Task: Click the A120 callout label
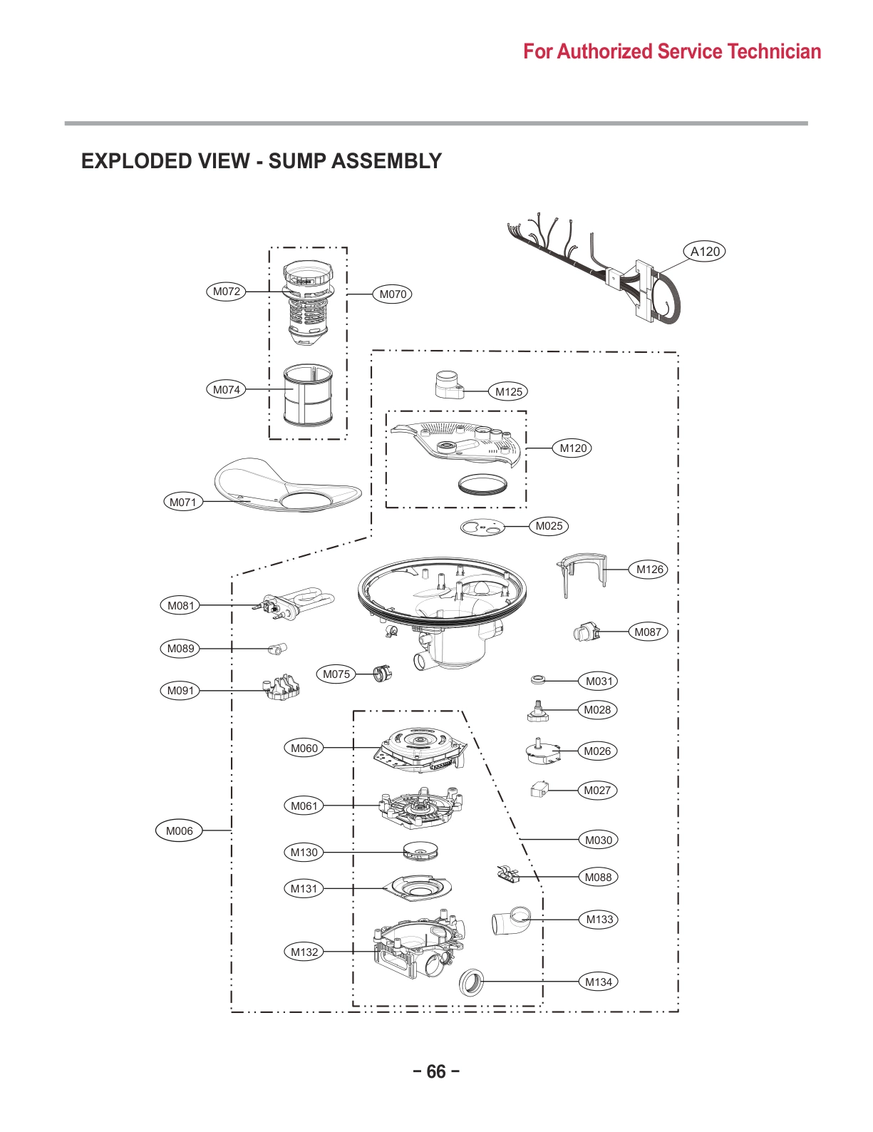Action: pyautogui.click(x=705, y=252)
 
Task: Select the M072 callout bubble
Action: pyautogui.click(x=227, y=292)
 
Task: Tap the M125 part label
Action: pyautogui.click(x=509, y=391)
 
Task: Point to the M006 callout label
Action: pyautogui.click(x=179, y=830)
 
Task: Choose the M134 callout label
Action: pyautogui.click(x=599, y=982)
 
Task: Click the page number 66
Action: pyautogui.click(x=436, y=1071)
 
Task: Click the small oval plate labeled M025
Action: pyautogui.click(x=482, y=528)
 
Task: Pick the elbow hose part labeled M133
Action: pyautogui.click(x=511, y=921)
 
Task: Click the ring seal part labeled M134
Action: pyautogui.click(x=471, y=982)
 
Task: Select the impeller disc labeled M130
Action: pyautogui.click(x=420, y=851)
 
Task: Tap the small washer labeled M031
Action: pyautogui.click(x=538, y=679)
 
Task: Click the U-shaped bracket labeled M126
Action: pyautogui.click(x=582, y=571)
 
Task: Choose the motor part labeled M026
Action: pyautogui.click(x=542, y=751)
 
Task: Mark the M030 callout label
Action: pyautogui.click(x=598, y=840)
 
